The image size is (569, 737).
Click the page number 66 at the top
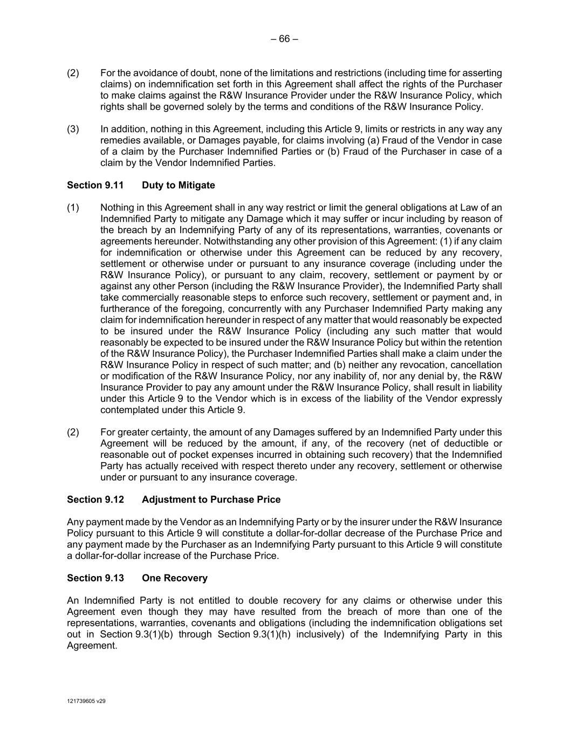tap(284, 39)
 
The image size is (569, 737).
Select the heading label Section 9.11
tap(95, 185)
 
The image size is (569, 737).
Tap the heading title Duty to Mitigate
tap(178, 185)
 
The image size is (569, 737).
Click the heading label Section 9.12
tap(95, 499)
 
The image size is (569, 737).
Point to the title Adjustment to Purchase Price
tap(211, 499)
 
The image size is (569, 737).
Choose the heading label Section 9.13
tap(95, 578)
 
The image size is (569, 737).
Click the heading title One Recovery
tap(174, 578)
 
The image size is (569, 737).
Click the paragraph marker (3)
tap(73, 129)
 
